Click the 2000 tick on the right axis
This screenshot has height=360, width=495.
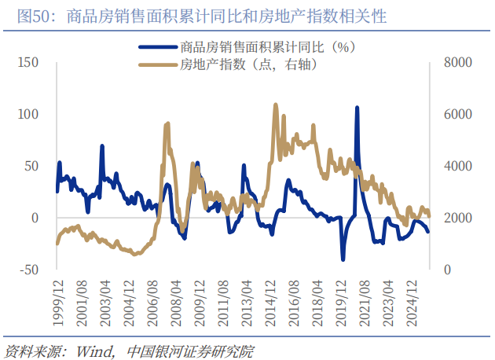(457, 218)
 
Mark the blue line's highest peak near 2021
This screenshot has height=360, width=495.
(357, 108)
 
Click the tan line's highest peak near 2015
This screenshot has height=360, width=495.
(276, 105)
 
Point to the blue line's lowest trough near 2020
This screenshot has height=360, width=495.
(343, 259)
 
